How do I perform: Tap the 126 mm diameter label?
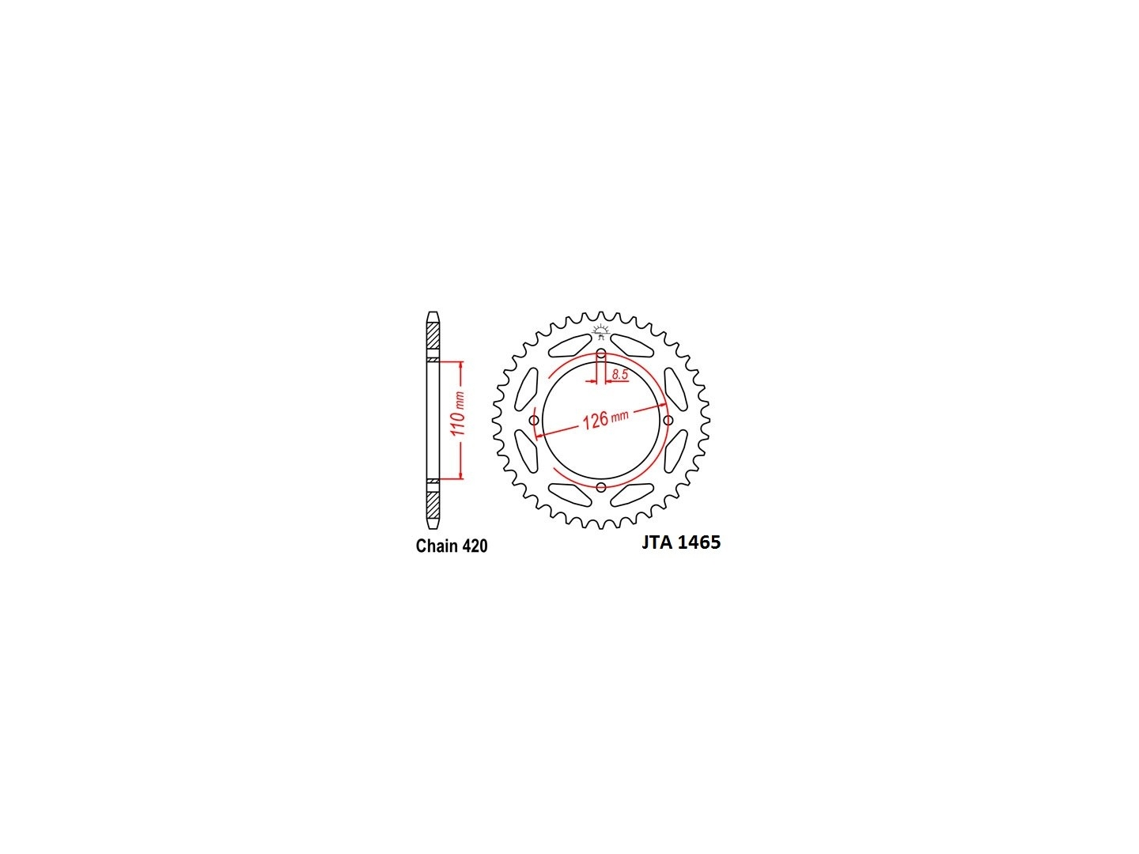pyautogui.click(x=605, y=418)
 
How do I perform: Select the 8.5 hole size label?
pyautogui.click(x=619, y=374)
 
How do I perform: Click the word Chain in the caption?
pyautogui.click(x=436, y=546)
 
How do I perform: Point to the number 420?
pyautogui.click(x=474, y=546)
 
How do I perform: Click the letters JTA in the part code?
pyautogui.click(x=657, y=542)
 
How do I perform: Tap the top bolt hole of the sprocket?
pyautogui.click(x=601, y=354)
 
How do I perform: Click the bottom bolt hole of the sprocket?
pyautogui.click(x=601, y=487)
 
